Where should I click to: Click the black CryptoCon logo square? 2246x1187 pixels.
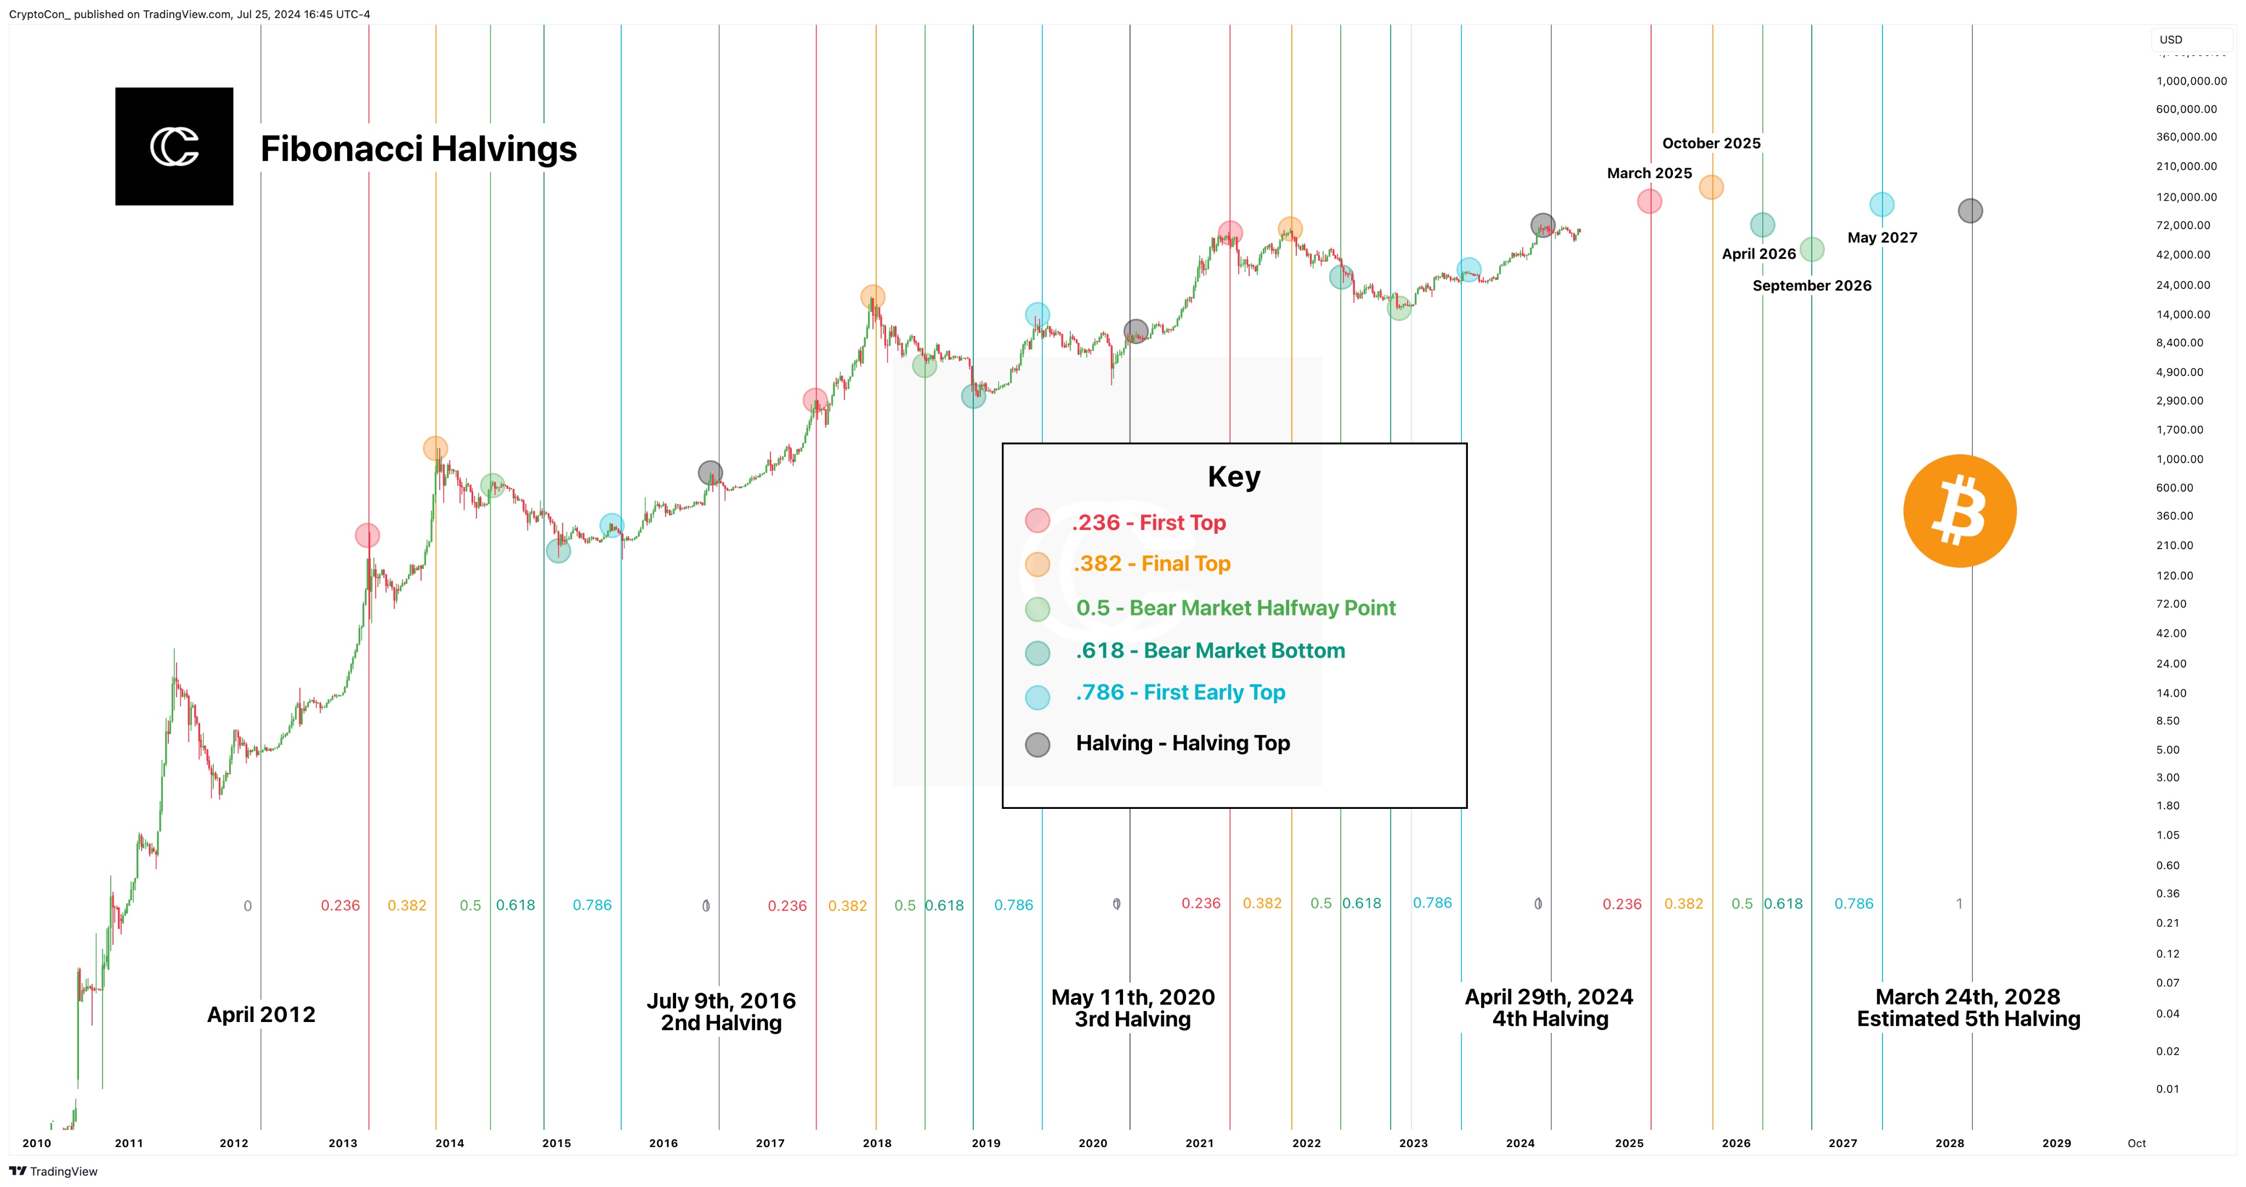pyautogui.click(x=174, y=146)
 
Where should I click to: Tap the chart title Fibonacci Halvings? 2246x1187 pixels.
pyautogui.click(x=418, y=149)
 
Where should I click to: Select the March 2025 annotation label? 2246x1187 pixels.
pyautogui.click(x=1649, y=173)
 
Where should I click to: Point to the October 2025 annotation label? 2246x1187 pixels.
pyautogui.click(x=1711, y=144)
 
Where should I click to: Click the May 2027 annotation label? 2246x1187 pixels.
pyautogui.click(x=1881, y=238)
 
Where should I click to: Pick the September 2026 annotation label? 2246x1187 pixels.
pyautogui.click(x=1812, y=286)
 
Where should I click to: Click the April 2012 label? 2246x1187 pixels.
pyautogui.click(x=260, y=1014)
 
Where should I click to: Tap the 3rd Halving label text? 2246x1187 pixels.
pyautogui.click(x=1132, y=1020)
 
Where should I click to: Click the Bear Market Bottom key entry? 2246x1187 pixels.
pyautogui.click(x=1210, y=651)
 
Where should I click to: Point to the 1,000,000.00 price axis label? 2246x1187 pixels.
pyautogui.click(x=2191, y=81)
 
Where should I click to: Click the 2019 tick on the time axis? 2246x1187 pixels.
pyautogui.click(x=985, y=1143)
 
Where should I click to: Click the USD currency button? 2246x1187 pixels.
pyautogui.click(x=2171, y=39)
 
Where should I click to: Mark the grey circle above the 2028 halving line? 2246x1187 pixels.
pyautogui.click(x=1970, y=211)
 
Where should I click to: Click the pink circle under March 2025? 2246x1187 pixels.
pyautogui.click(x=1649, y=201)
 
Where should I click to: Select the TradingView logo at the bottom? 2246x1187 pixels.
pyautogui.click(x=54, y=1171)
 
